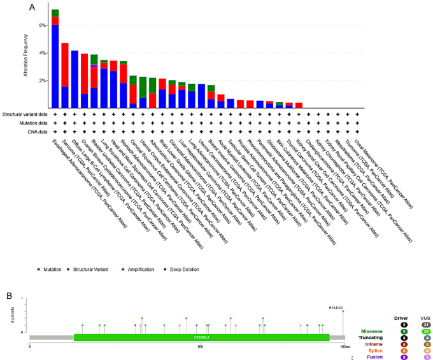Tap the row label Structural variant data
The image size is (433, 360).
point(24,114)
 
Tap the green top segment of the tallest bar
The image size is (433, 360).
point(55,13)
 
